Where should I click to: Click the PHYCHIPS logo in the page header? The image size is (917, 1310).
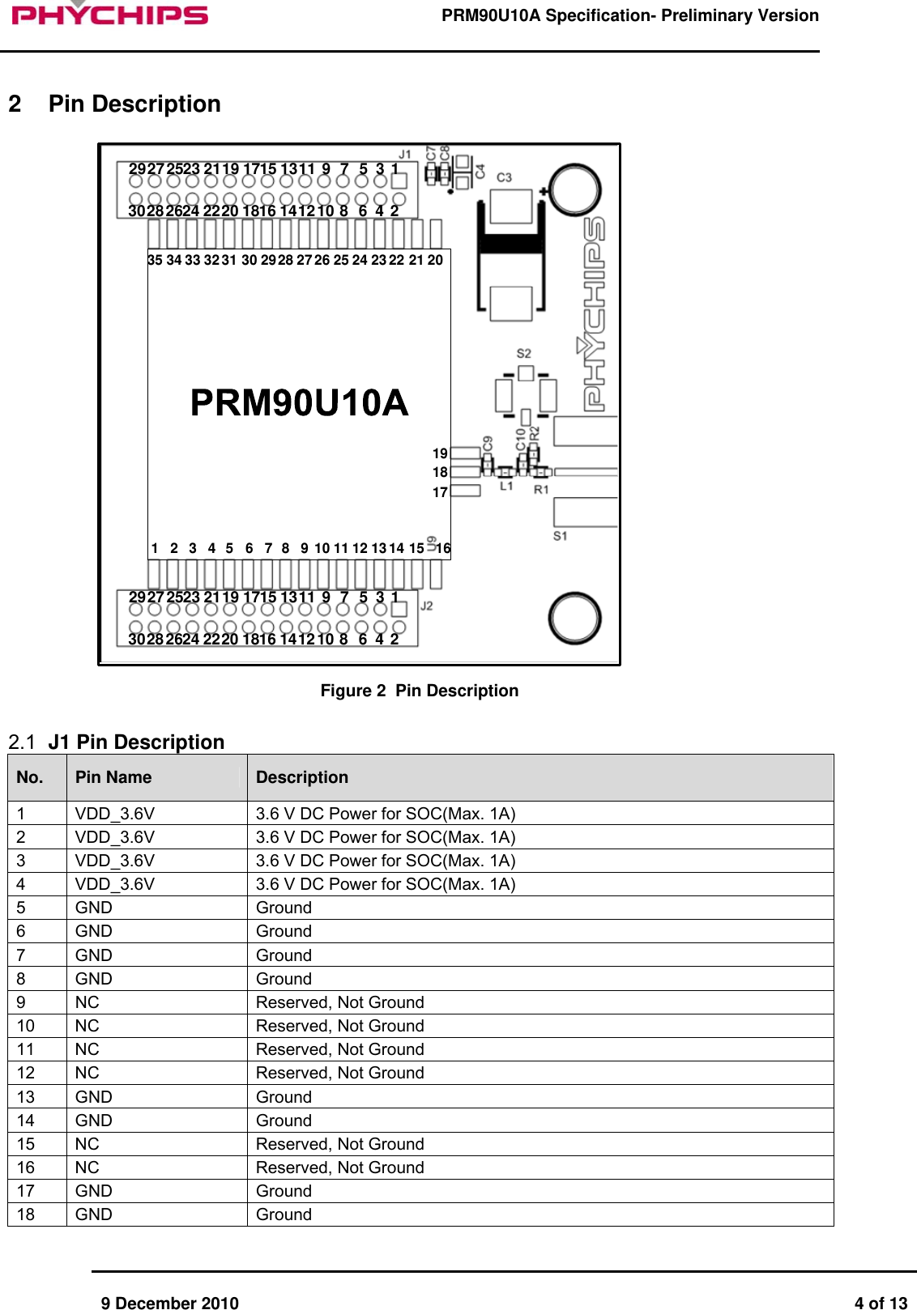tap(110, 14)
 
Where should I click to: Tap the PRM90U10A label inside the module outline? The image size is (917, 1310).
tap(299, 402)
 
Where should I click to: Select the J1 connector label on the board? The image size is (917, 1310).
tap(405, 154)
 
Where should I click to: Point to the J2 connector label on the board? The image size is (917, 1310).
tap(426, 606)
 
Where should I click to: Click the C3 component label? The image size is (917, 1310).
tap(504, 177)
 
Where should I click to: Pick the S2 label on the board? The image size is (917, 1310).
tap(524, 354)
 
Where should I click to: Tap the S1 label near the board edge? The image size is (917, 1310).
tap(561, 536)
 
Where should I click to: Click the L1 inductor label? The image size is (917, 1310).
tap(506, 487)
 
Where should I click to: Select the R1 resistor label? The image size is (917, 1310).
tap(541, 489)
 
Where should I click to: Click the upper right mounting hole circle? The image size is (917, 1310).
tap(574, 189)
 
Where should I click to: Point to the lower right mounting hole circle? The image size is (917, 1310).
tap(574, 619)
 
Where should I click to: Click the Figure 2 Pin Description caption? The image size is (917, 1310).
tap(419, 691)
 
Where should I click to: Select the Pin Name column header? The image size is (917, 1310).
tap(113, 777)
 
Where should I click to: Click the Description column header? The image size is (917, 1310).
tap(302, 777)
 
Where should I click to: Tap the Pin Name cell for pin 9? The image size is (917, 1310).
tap(87, 1002)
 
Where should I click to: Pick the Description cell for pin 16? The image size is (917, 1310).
tap(340, 1168)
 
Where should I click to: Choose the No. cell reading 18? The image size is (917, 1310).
tap(26, 1214)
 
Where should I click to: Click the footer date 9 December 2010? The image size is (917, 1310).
tap(170, 1303)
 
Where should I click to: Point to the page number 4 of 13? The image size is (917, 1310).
tap(881, 1303)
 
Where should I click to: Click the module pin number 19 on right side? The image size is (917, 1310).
tap(440, 453)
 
